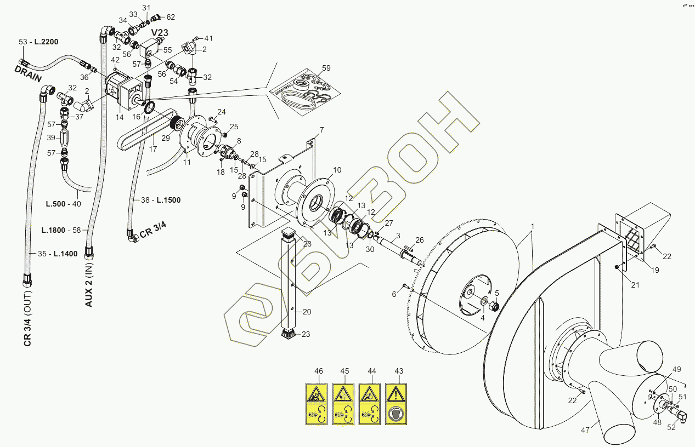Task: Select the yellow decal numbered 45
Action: [x=344, y=404]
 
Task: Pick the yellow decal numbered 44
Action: [x=371, y=404]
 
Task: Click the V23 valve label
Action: [x=160, y=33]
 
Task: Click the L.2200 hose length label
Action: [x=46, y=42]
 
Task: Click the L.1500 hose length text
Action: [x=168, y=200]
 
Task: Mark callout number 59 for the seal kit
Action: [x=326, y=68]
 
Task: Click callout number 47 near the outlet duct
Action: [x=585, y=430]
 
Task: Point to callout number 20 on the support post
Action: [x=307, y=312]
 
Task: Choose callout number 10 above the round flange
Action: [x=337, y=170]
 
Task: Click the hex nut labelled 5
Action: [x=493, y=306]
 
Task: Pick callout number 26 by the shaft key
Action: [x=420, y=240]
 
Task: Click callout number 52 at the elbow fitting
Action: [x=671, y=428]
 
